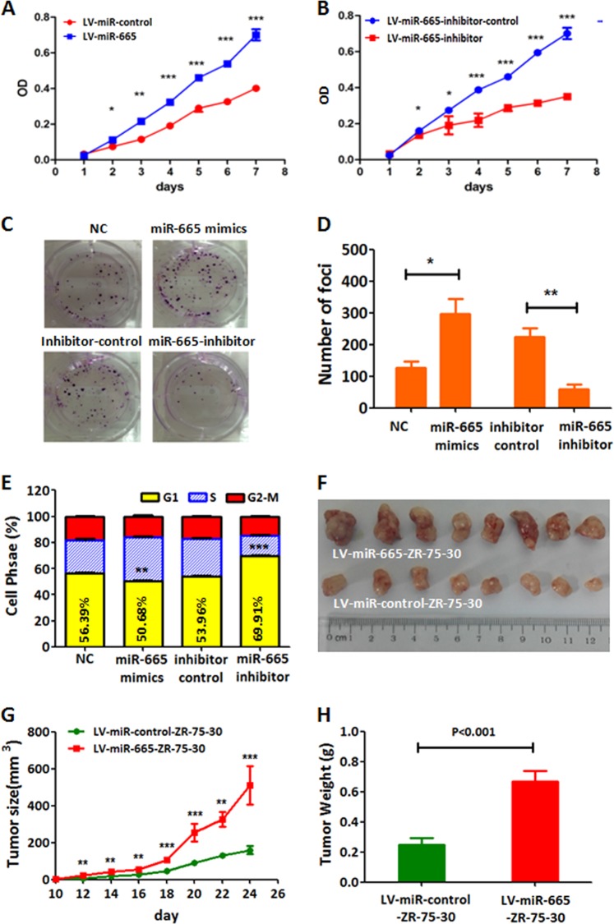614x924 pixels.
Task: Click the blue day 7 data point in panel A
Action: (x=256, y=35)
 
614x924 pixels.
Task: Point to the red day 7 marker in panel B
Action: (x=566, y=96)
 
